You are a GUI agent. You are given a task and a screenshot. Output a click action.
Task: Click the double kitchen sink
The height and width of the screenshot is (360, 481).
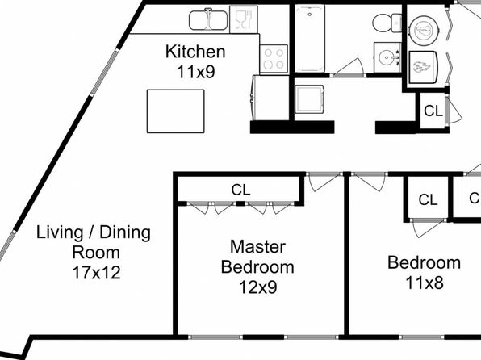tap(208, 20)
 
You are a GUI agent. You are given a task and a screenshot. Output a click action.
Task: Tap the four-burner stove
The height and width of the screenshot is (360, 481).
tap(274, 59)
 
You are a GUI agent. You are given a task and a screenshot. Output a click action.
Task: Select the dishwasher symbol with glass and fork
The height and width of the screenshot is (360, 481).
tap(244, 19)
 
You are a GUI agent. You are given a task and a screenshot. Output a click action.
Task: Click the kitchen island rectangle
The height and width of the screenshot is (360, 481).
tap(175, 111)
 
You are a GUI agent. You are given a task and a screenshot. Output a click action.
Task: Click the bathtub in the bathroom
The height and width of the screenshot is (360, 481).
tap(310, 38)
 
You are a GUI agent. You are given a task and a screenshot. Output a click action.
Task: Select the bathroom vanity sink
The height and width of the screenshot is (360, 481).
tap(387, 57)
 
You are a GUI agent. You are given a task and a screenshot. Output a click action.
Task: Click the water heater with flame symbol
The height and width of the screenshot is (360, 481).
tap(424, 67)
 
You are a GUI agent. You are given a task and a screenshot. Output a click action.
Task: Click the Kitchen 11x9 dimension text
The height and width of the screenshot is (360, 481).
tap(195, 61)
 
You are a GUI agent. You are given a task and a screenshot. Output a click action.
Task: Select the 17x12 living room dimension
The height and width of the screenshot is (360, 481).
tap(96, 273)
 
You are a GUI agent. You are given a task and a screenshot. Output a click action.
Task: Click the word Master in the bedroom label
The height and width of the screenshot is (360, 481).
tap(257, 247)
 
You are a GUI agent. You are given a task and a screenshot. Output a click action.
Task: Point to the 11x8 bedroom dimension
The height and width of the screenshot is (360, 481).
tap(425, 283)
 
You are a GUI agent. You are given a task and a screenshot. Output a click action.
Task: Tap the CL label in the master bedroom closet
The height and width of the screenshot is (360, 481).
tap(240, 190)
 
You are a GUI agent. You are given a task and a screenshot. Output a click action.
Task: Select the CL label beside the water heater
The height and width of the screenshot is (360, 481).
tap(433, 111)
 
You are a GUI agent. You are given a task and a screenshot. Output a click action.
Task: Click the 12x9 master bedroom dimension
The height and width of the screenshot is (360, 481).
tap(257, 287)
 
